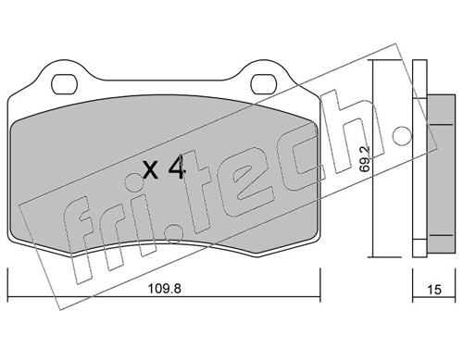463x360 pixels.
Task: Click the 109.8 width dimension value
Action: point(165,289)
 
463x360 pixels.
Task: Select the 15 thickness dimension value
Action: point(434,290)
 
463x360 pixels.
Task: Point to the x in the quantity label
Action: point(151,170)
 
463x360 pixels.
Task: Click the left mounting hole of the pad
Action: point(64,84)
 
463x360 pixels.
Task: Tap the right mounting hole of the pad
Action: point(263,84)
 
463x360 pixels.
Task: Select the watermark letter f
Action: point(77,238)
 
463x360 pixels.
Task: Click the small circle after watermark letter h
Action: point(402,136)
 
